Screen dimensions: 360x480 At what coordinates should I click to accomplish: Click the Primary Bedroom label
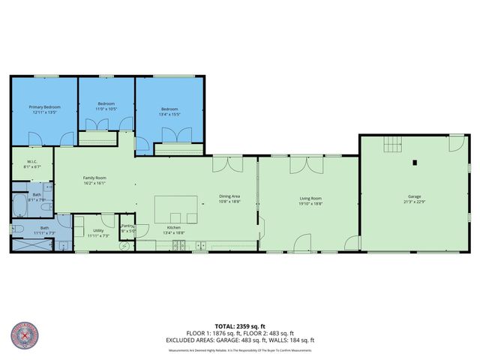pyautogui.click(x=44, y=107)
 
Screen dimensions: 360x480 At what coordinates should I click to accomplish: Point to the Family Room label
pyautogui.click(x=94, y=177)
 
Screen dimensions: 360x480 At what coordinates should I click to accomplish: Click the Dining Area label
pyautogui.click(x=229, y=197)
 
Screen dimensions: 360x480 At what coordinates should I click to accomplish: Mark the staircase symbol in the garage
pyautogui.click(x=393, y=144)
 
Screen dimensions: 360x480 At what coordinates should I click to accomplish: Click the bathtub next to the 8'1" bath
pyautogui.click(x=19, y=205)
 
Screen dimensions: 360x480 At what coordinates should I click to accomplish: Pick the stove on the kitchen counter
pyautogui.click(x=178, y=245)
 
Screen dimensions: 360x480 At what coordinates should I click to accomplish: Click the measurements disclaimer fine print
pyautogui.click(x=239, y=350)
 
